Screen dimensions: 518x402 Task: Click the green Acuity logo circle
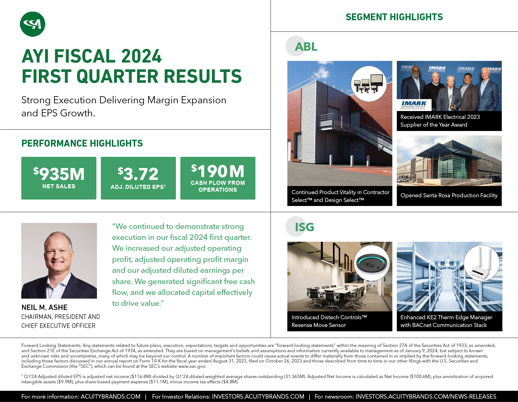[33, 24]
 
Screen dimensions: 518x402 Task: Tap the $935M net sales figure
[59, 174]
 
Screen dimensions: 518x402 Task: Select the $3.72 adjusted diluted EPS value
[138, 174]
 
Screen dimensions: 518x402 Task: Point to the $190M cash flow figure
[218, 171]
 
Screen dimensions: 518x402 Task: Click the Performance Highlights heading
[82, 143]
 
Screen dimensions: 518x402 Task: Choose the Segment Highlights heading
[394, 17]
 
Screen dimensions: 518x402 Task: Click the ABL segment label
[306, 47]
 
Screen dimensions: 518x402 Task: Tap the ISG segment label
[305, 227]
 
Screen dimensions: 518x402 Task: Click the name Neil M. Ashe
[44, 307]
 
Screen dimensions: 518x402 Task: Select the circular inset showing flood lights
[369, 84]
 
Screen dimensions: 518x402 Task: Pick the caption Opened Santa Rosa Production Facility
[449, 195]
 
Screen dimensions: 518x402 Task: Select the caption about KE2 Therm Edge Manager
[447, 321]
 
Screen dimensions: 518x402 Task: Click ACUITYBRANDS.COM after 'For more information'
[111, 396]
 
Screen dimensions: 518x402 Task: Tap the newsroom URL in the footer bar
[426, 396]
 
